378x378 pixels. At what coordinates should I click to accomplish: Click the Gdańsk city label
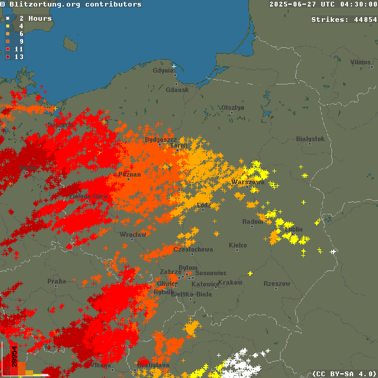tap(177, 90)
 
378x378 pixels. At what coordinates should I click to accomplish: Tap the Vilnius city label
tap(360, 62)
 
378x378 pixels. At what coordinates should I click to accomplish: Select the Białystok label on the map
tap(310, 139)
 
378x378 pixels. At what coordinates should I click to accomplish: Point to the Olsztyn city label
tap(232, 107)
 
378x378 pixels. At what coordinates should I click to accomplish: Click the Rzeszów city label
tap(276, 284)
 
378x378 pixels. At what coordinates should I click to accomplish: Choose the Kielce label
tap(238, 245)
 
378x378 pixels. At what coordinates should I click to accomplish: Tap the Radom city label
tap(252, 222)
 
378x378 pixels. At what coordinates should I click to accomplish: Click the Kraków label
tap(230, 283)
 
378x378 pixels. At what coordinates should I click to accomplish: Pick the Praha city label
tap(57, 282)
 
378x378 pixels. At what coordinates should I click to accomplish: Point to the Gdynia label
tap(164, 71)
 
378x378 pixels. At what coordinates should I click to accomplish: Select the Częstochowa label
tap(193, 250)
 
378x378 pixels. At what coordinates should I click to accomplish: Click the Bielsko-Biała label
tap(191, 294)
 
